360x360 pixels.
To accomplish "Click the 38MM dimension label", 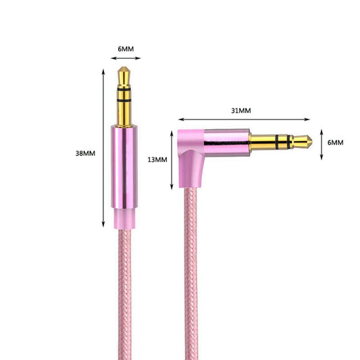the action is (85, 153).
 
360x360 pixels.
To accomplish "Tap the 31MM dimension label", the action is (241, 111).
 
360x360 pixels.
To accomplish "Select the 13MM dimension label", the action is (157, 159).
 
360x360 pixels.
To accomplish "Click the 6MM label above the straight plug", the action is (126, 49).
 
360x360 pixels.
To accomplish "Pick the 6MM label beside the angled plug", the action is (336, 143).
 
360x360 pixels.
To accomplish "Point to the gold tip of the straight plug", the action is (124, 76).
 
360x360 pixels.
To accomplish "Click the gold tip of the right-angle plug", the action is (303, 142).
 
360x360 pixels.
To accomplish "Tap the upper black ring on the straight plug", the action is (124, 89).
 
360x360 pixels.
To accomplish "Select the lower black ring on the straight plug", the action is (124, 101).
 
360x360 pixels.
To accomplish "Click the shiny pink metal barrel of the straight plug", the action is (124, 167).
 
